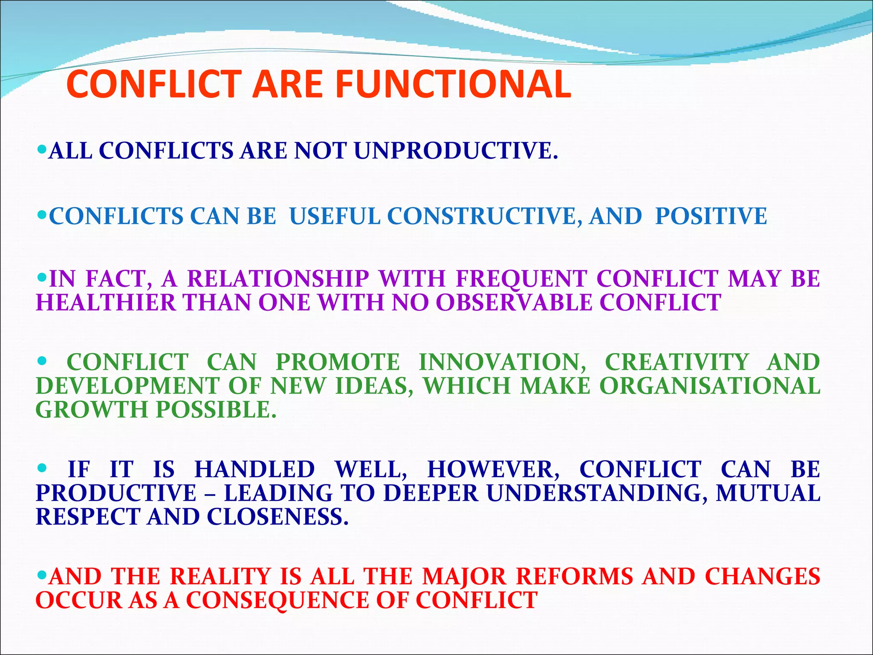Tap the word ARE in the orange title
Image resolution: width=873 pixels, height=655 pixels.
287,84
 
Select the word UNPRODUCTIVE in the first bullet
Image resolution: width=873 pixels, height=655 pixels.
455,151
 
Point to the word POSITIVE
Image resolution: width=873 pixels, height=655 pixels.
711,216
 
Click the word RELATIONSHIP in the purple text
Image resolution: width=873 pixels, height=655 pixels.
278,279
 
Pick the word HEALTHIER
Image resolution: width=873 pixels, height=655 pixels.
106,303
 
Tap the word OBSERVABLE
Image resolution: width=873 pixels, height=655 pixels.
514,303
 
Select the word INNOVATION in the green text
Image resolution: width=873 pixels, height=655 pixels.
502,362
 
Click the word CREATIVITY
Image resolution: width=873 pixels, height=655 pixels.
676,362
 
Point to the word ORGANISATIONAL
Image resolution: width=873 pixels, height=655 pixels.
710,386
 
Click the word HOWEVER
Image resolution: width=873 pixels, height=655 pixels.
493,470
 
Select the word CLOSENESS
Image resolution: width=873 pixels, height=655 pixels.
278,517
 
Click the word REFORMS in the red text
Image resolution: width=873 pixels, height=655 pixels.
575,577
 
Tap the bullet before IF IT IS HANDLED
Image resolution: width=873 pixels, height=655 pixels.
42,468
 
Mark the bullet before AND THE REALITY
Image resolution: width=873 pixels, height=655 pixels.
42,575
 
